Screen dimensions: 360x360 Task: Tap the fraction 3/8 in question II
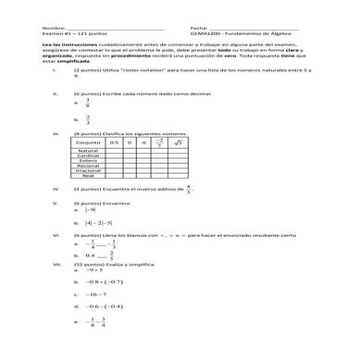(x=87, y=104)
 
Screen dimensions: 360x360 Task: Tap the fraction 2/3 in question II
(x=87, y=119)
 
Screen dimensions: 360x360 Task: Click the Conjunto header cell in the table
(x=89, y=143)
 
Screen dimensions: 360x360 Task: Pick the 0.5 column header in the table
(x=115, y=143)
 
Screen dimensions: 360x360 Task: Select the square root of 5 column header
(x=180, y=143)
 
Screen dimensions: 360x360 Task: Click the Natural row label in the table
(x=89, y=151)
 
